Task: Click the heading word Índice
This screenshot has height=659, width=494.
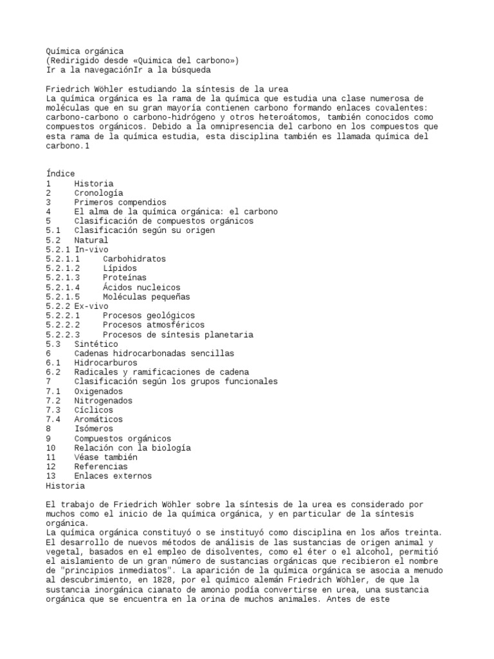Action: point(60,174)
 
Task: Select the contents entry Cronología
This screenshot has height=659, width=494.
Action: point(98,192)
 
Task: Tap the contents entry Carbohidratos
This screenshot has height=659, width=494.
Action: point(134,259)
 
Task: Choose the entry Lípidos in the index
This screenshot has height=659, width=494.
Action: point(120,268)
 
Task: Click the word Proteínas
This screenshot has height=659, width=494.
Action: point(124,277)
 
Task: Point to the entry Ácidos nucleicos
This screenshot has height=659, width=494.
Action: point(141,287)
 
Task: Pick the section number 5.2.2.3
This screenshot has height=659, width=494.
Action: point(63,335)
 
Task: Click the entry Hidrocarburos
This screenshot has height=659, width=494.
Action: point(105,363)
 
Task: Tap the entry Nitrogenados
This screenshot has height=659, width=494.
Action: point(103,400)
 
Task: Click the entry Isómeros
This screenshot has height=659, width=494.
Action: point(93,429)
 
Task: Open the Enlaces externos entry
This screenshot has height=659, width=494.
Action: point(113,476)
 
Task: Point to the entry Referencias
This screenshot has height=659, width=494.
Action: point(101,467)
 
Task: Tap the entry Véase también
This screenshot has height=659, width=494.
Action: point(105,457)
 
